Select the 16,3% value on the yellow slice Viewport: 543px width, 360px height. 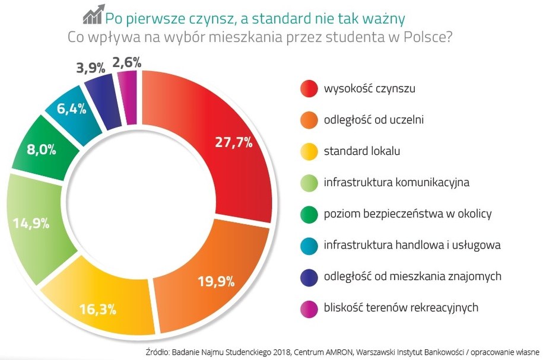point(98,309)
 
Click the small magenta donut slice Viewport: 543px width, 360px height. point(128,98)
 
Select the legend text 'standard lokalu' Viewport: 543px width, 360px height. point(362,151)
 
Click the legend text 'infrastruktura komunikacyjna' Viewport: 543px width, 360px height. point(396,182)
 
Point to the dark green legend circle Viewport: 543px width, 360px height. point(308,214)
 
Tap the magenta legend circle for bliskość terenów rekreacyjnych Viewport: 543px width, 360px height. point(308,307)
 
